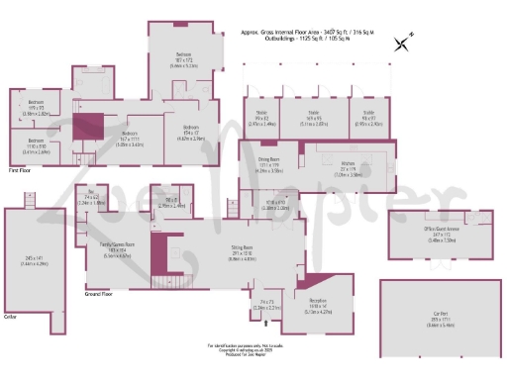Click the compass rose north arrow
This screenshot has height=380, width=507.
pyautogui.click(x=400, y=43)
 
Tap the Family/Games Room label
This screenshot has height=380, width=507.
pyautogui.click(x=117, y=244)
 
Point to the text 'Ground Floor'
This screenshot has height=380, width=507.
pyautogui.click(x=97, y=294)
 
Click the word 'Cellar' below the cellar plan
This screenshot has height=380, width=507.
pyautogui.click(x=13, y=319)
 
